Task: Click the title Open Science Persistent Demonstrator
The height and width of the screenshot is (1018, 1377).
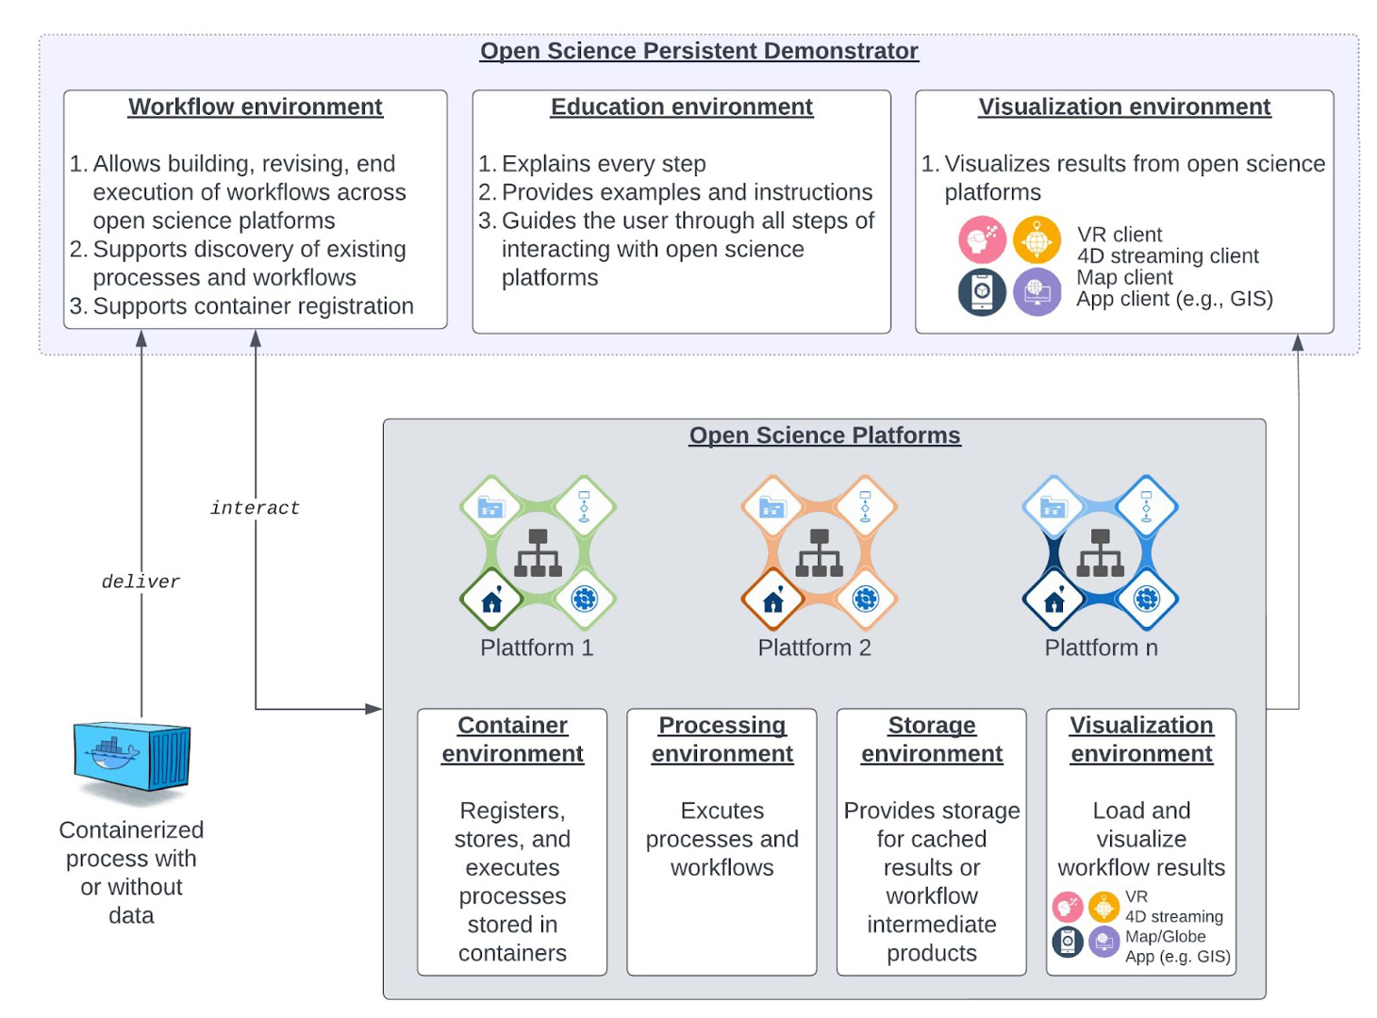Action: click(x=699, y=51)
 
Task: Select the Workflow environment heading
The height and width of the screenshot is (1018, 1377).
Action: click(x=255, y=107)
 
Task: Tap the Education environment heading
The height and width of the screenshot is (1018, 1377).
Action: click(x=681, y=107)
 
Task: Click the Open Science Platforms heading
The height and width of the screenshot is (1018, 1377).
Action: click(x=824, y=435)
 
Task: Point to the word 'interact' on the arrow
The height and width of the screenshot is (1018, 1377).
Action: click(x=255, y=508)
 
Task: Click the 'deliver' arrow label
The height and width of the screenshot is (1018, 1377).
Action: click(x=141, y=582)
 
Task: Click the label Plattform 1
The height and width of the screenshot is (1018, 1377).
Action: click(x=537, y=648)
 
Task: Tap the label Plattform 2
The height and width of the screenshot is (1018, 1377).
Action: click(x=814, y=648)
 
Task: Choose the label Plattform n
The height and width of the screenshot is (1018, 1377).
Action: click(x=1101, y=648)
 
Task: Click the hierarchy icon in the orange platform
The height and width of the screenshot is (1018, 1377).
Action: click(x=819, y=553)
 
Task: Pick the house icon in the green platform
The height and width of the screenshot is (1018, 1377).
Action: click(x=491, y=599)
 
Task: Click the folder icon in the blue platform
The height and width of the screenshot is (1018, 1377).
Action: click(x=1053, y=507)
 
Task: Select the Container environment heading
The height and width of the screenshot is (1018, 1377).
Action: click(x=512, y=739)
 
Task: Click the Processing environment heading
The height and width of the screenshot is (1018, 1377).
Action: click(x=722, y=739)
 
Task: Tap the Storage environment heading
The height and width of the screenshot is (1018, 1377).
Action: click(x=931, y=739)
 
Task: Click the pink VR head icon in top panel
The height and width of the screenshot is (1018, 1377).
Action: click(x=982, y=239)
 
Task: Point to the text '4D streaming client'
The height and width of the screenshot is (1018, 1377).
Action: click(x=1168, y=255)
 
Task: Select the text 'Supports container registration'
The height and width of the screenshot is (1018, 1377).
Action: click(x=253, y=306)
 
